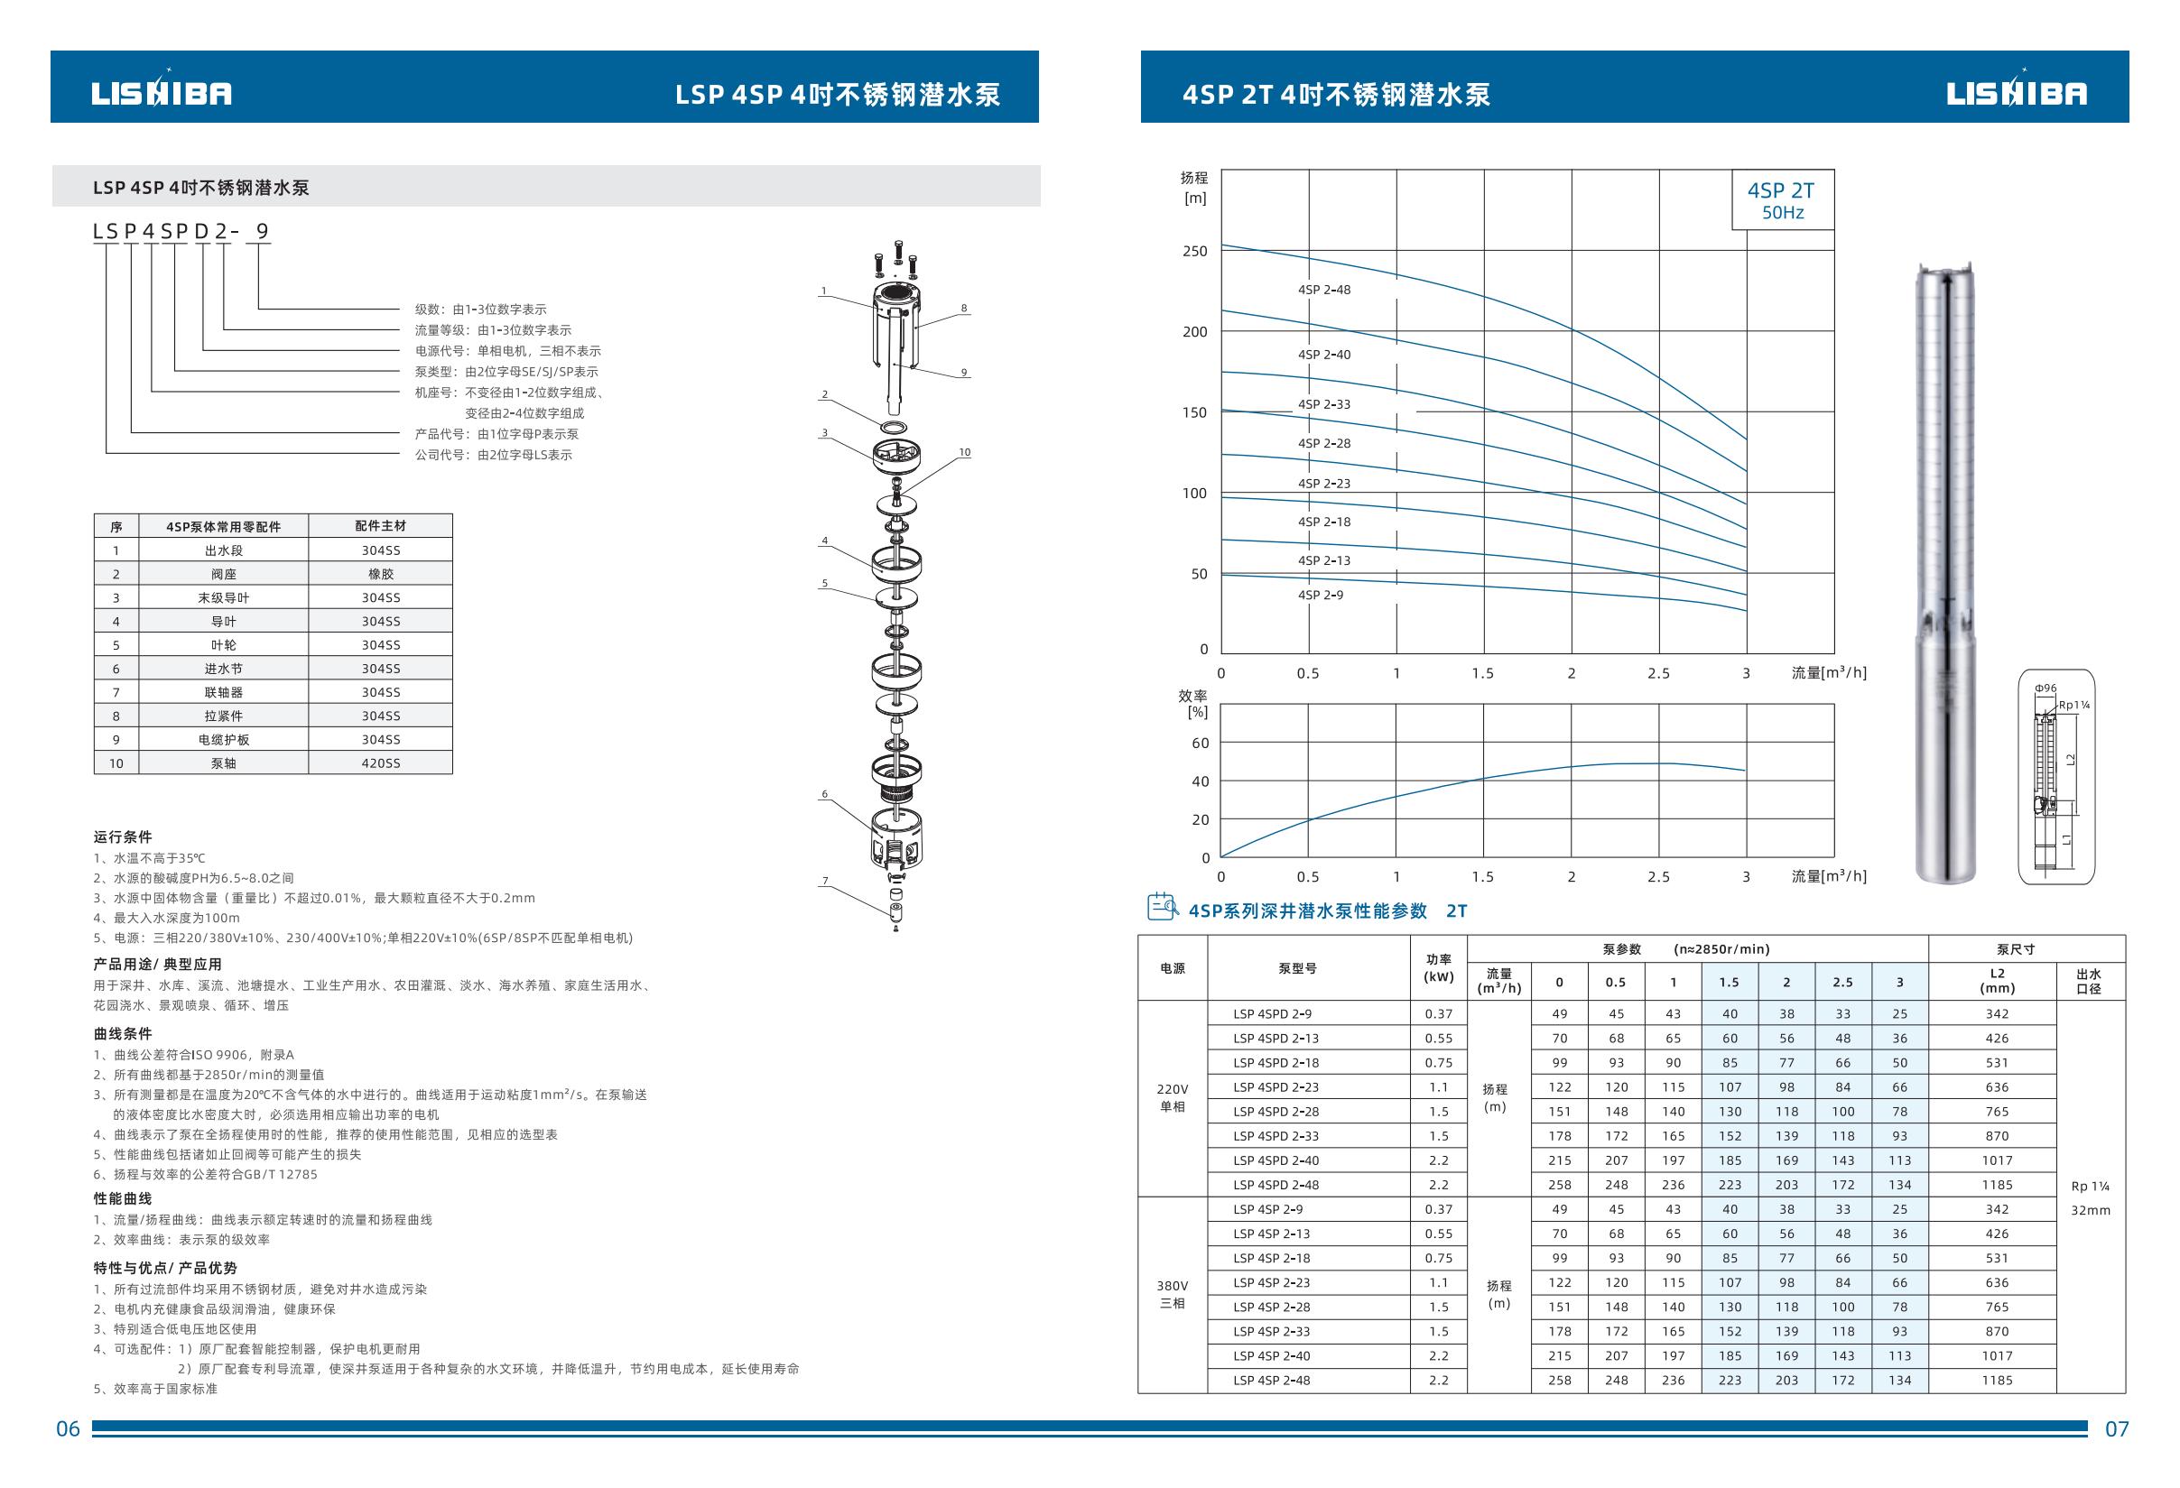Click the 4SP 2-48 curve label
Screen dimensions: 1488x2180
(1323, 290)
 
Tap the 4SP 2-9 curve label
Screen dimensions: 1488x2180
(1320, 595)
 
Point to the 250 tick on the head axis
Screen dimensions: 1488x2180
(1194, 251)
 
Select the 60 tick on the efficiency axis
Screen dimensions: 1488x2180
(1200, 744)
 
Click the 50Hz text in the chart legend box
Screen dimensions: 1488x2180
(1782, 213)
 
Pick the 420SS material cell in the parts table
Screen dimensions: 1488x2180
(381, 763)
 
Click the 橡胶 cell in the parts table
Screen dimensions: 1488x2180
(381, 574)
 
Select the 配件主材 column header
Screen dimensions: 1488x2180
(381, 526)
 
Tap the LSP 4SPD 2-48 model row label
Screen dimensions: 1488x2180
(1276, 1184)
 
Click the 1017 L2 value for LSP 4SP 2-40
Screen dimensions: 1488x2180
(1997, 1354)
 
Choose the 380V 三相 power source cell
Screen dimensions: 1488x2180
(1173, 1294)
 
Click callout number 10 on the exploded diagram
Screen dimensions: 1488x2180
(964, 452)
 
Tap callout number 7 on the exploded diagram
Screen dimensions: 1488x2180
(825, 881)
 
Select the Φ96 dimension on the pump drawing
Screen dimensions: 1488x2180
(2045, 689)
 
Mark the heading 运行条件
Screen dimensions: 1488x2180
(123, 836)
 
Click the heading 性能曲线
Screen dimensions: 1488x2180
(123, 1198)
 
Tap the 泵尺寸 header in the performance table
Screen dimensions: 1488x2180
(2016, 949)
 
